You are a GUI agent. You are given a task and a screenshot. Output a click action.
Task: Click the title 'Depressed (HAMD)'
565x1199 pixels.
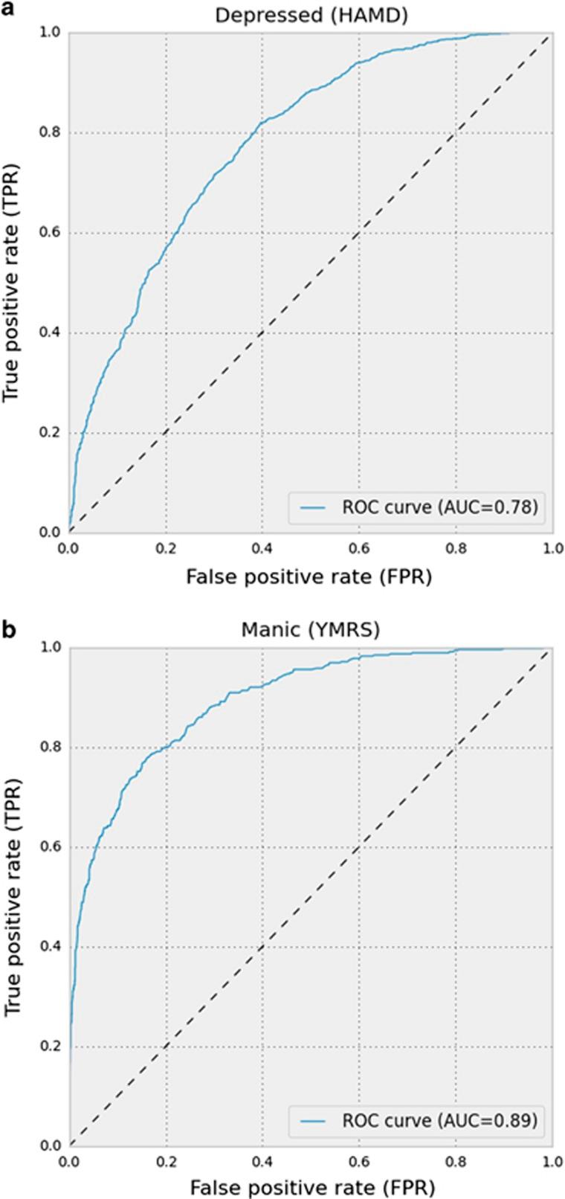[x=309, y=16]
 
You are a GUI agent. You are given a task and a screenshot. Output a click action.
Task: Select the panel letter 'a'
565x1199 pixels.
[x=9, y=10]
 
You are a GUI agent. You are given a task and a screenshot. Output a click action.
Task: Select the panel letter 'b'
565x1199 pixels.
[x=9, y=630]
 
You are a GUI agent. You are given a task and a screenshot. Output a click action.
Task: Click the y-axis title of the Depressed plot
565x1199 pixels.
[x=13, y=283]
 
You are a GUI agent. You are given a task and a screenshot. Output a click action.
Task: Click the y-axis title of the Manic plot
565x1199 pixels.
[x=13, y=896]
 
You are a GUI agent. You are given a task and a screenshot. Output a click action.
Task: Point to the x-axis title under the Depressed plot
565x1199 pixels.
[x=309, y=575]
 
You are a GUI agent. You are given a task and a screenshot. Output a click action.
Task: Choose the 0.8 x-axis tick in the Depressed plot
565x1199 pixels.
[x=455, y=547]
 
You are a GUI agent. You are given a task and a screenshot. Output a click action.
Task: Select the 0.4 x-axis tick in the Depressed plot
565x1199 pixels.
[x=262, y=547]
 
